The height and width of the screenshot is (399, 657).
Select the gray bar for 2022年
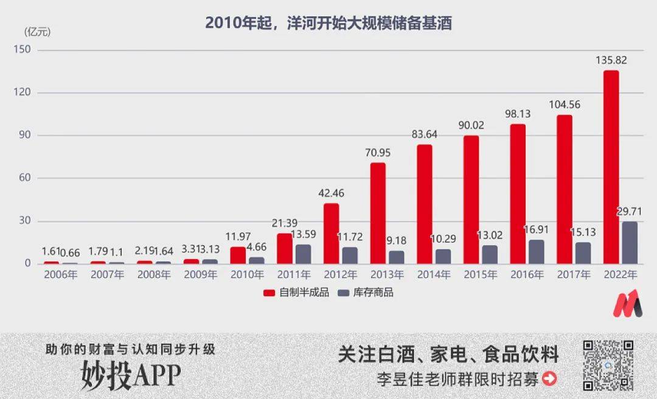tap(630, 243)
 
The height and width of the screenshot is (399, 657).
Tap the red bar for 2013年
tap(378, 213)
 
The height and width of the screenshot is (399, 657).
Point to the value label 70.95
tap(378, 153)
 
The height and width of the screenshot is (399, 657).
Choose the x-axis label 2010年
tap(247, 275)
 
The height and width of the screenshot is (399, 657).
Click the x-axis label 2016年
tap(526, 275)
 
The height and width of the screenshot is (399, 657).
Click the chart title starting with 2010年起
tap(328, 23)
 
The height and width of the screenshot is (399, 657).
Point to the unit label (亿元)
tap(38, 31)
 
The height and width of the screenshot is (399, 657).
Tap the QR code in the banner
tap(608, 365)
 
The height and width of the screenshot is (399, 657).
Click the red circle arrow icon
tap(549, 379)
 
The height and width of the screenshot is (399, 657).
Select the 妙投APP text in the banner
tap(131, 376)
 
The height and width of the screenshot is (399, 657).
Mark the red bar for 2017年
tap(565, 189)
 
